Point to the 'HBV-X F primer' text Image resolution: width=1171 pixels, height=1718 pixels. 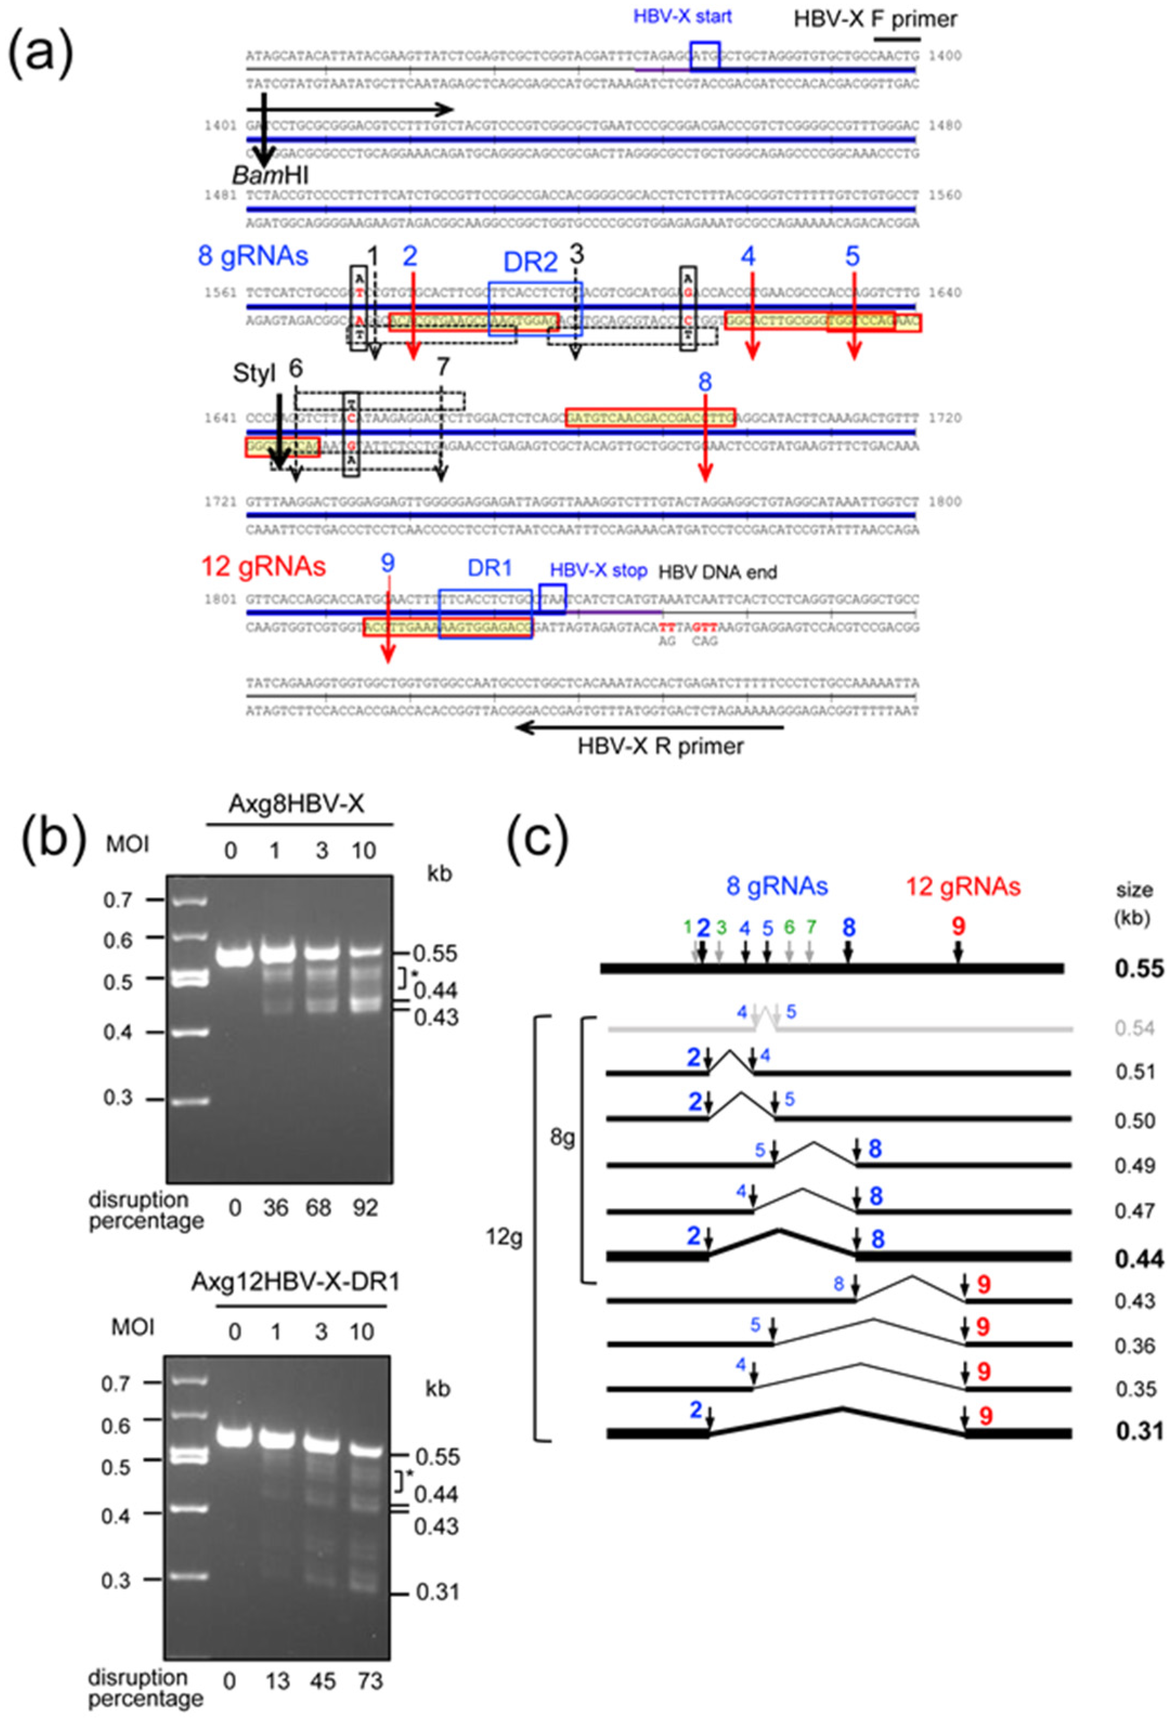[875, 18]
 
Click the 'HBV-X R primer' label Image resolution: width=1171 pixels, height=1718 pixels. [661, 746]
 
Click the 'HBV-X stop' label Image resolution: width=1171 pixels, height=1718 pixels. [598, 571]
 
